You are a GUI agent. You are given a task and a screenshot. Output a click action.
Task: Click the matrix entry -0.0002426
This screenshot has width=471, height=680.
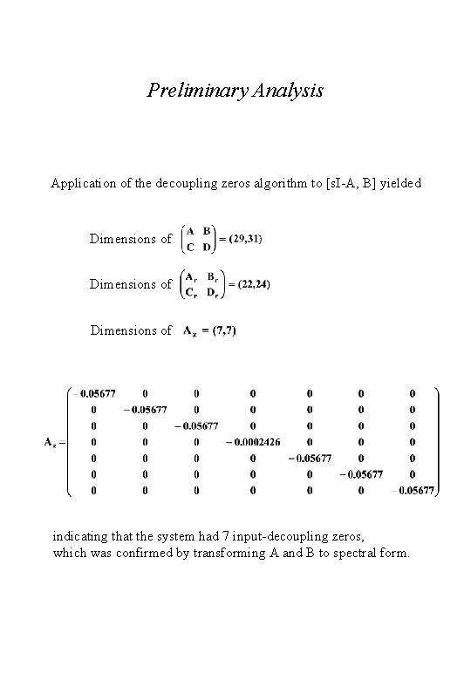coord(254,442)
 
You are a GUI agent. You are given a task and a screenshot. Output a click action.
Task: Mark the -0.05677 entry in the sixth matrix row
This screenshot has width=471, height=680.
coord(359,475)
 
